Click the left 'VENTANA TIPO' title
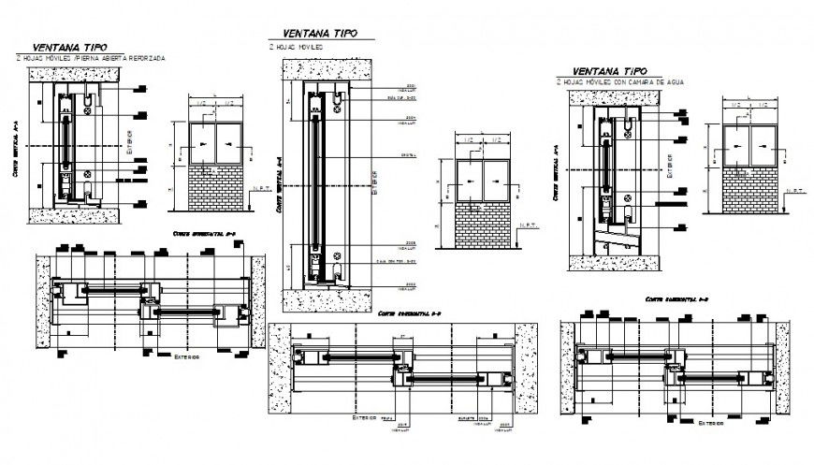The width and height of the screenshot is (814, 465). pos(69,47)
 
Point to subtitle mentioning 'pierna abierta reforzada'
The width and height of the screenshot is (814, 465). pos(91,58)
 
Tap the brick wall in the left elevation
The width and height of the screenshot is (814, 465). pos(215,189)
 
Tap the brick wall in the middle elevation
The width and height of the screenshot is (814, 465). pos(482,225)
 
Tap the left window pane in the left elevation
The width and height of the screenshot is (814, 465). pos(201,144)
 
